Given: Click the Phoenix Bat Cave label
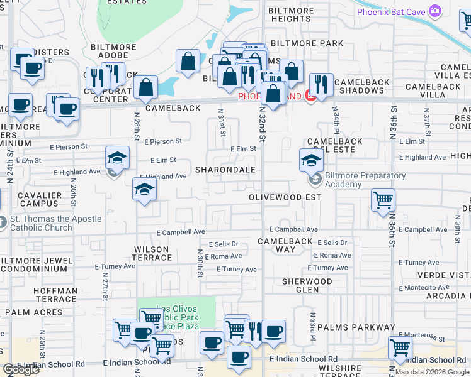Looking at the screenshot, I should (390, 11).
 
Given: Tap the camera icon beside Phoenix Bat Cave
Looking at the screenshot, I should (434, 11).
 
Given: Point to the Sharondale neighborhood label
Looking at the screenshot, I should (225, 170).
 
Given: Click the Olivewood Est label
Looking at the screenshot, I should (285, 197).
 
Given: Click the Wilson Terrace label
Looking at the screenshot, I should (152, 253).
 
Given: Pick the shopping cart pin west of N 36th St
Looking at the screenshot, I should (383, 201).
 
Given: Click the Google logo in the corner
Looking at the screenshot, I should (21, 369).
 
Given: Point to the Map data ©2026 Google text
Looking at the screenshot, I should (431, 372).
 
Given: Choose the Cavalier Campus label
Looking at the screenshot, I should (40, 200).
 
